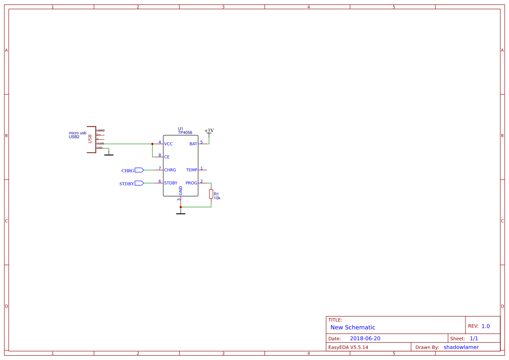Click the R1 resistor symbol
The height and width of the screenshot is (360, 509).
[x=211, y=194]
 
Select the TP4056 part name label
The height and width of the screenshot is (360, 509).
[x=185, y=132]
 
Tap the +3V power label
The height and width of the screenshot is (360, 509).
[x=209, y=131]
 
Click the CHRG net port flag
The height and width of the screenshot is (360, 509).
[x=139, y=170]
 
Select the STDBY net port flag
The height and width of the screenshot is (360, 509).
[x=139, y=183]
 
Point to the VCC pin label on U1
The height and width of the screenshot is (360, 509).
[x=168, y=144]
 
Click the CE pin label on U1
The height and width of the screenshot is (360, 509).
[x=167, y=157]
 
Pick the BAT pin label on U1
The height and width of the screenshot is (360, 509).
[x=193, y=144]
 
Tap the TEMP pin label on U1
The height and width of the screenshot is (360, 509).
[x=192, y=170]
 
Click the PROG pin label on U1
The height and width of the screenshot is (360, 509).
[x=191, y=183]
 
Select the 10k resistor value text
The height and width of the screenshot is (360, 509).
[x=217, y=198]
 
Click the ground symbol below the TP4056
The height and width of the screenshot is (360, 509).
[x=180, y=213]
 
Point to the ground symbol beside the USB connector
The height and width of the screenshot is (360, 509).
[x=108, y=154]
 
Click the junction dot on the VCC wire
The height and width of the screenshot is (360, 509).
[x=152, y=144]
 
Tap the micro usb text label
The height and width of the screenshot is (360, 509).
[x=78, y=133]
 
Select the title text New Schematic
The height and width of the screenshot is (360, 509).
[x=353, y=327]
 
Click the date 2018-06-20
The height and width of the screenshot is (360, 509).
[x=365, y=338]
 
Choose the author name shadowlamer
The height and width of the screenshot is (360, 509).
[x=461, y=347]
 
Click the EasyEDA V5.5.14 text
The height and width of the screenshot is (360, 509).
[x=348, y=347]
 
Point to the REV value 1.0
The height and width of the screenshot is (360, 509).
[x=485, y=326]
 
